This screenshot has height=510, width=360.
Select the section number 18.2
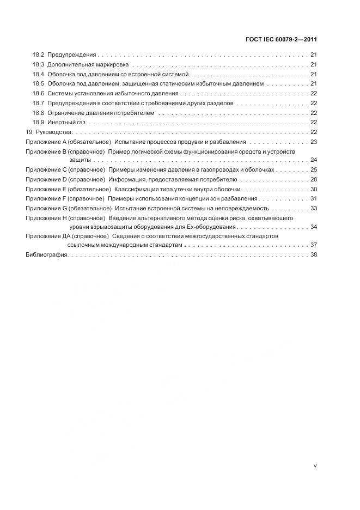pyautogui.click(x=38, y=55)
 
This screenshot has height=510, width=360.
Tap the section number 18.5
pyautogui.click(x=38, y=83)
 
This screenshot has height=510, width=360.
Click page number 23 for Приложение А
pyautogui.click(x=314, y=141)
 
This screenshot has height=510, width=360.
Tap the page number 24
pyautogui.click(x=314, y=160)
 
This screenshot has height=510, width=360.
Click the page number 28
pyautogui.click(x=314, y=179)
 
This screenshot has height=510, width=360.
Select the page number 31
pyautogui.click(x=314, y=198)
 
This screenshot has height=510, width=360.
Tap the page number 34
pyautogui.click(x=314, y=227)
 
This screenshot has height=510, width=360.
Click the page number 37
pyautogui.click(x=314, y=246)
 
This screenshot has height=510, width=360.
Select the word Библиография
pyautogui.click(x=46, y=255)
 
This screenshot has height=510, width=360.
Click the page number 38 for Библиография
pyautogui.click(x=314, y=255)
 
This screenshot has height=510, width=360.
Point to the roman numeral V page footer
pyautogui.click(x=315, y=466)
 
